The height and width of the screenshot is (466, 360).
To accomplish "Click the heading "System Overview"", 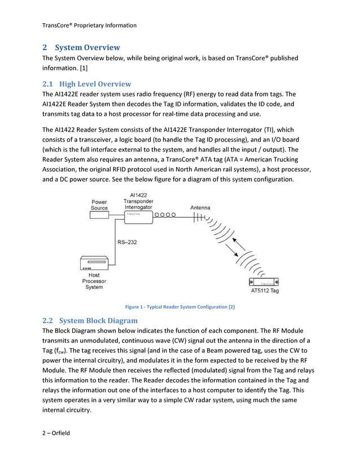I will tap(87, 47).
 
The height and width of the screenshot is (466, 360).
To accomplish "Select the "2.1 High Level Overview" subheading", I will tap(87, 83).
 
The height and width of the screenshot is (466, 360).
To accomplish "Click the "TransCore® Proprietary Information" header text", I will tap(89, 25).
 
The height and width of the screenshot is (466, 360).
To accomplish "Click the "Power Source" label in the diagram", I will tap(99, 204).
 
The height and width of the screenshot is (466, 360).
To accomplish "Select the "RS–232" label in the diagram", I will tap(128, 243).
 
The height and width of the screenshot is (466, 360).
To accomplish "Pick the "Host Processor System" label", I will tap(94, 281).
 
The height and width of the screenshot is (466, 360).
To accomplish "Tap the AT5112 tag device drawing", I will tap(263, 282).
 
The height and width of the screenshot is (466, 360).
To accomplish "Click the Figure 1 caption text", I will tap(179, 307).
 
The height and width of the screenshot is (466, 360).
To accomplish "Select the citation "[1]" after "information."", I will tap(83, 68).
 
